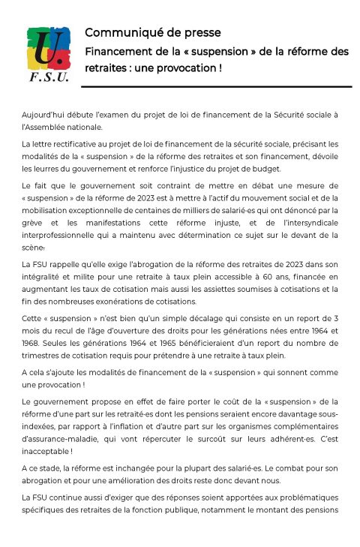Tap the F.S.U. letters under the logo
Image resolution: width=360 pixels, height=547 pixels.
[48, 78]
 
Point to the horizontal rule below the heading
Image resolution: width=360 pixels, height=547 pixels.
[217, 86]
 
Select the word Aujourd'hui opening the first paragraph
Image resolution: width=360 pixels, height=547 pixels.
[43, 114]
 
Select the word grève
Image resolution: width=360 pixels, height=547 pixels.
[34, 225]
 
